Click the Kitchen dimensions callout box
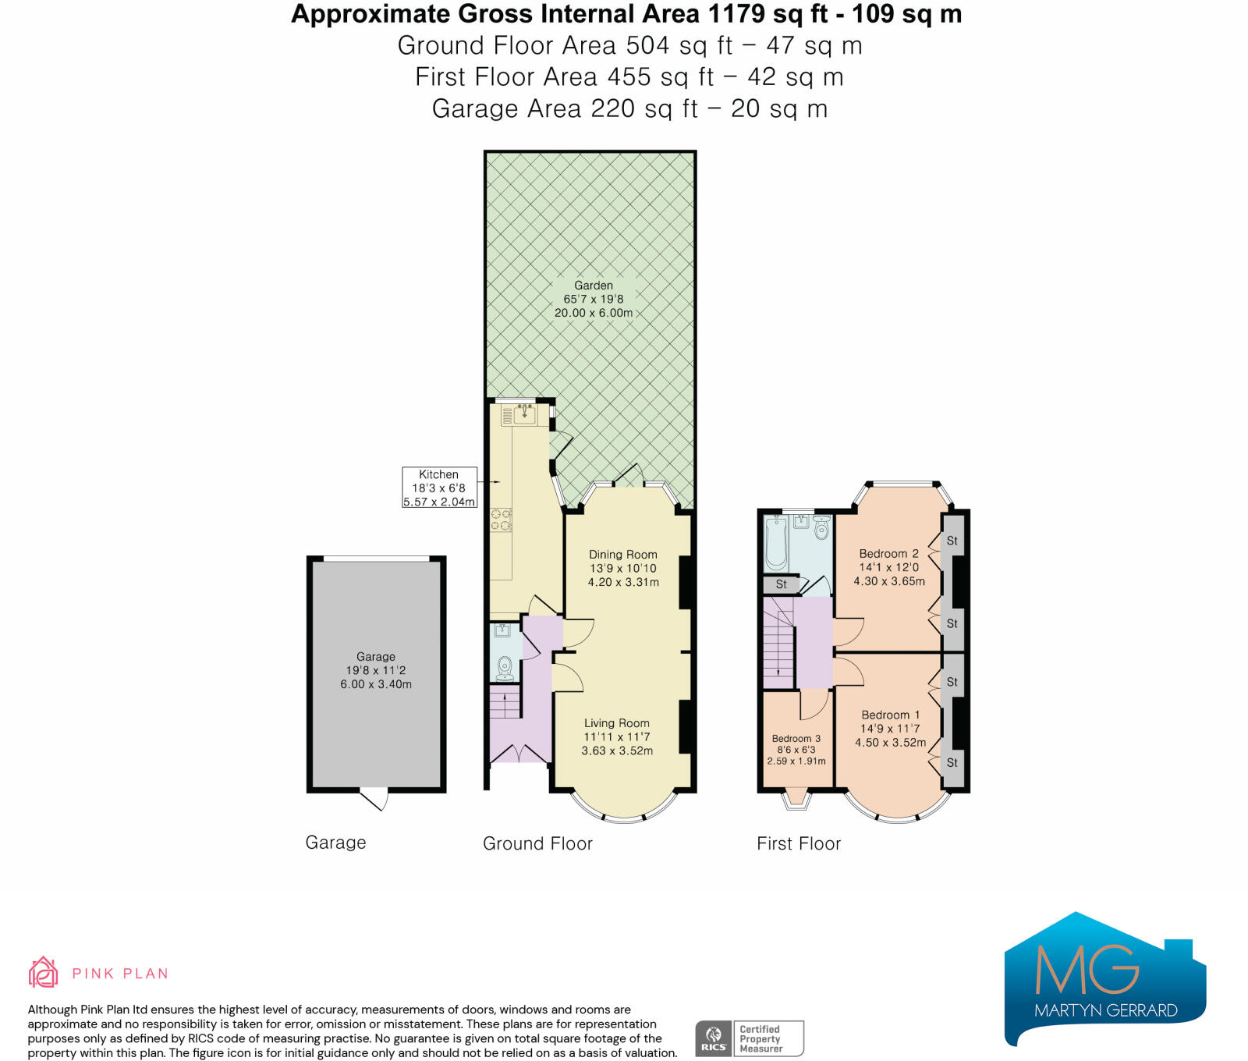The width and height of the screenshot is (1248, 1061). (x=439, y=488)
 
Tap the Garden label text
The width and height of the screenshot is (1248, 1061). (x=594, y=286)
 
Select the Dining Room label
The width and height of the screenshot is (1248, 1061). (x=623, y=555)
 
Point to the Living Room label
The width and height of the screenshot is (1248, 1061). (x=617, y=723)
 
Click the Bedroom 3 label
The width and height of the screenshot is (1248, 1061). (x=796, y=738)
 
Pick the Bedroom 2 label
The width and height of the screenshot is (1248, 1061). (x=889, y=553)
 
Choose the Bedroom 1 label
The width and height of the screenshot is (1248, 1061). (x=891, y=715)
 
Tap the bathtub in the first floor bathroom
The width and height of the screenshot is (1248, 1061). (x=776, y=543)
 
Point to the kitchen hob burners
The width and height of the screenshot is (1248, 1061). (x=501, y=520)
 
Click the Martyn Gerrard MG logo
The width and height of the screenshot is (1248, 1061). (x=1105, y=978)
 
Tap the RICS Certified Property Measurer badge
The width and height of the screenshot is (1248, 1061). (x=750, y=1038)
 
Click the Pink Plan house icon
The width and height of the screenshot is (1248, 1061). (x=44, y=972)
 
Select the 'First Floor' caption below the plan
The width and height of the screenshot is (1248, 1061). (x=799, y=843)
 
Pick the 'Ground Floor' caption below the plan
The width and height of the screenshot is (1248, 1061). (x=538, y=843)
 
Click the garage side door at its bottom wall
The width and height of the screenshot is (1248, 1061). (x=374, y=799)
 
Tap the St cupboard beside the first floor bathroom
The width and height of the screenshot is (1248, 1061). (x=781, y=584)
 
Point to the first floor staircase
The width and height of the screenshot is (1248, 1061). (x=778, y=643)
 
